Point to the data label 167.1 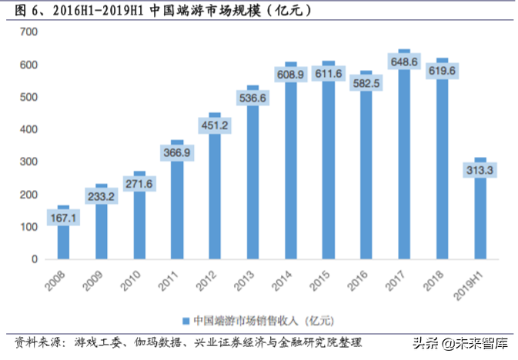click(x=63, y=219)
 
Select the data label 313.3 click(x=480, y=171)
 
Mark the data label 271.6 click(x=139, y=185)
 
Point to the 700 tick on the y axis click(x=29, y=32)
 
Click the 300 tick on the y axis click(x=29, y=162)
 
